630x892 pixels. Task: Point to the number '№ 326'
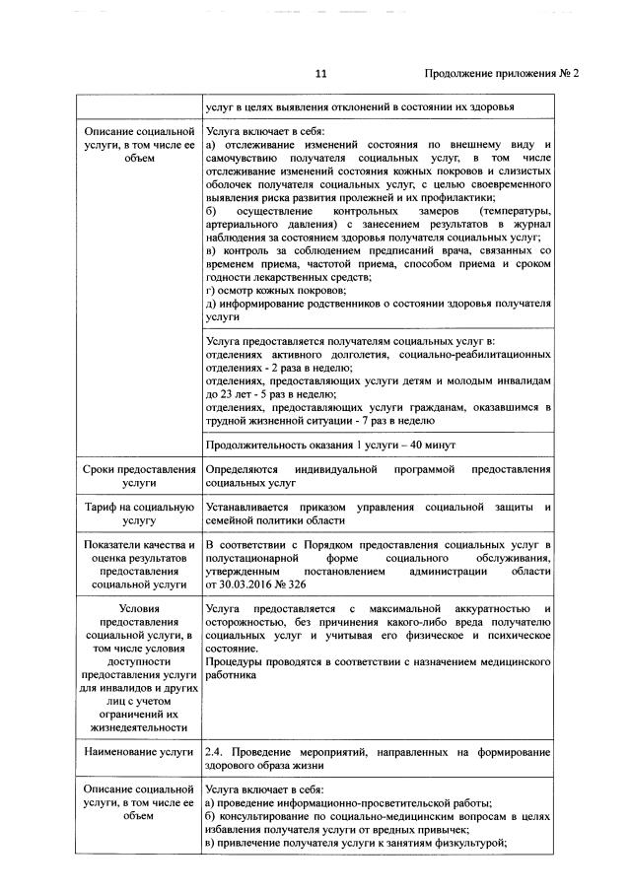click(x=290, y=584)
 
